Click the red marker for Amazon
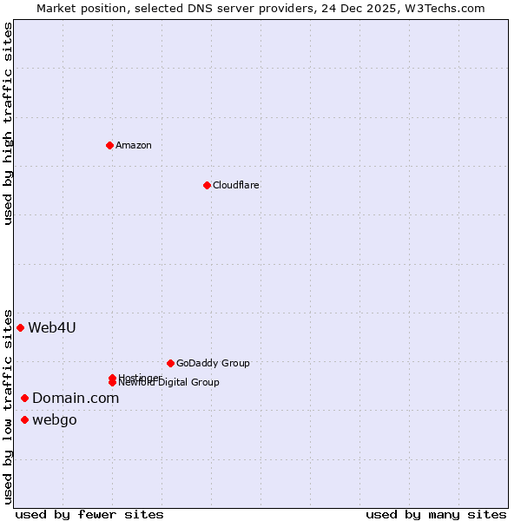pos(109,145)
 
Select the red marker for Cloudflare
pos(207,185)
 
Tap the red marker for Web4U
pos(20,327)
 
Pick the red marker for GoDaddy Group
pos(170,363)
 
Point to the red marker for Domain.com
pos(24,398)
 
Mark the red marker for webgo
pos(24,420)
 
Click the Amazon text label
pos(133,145)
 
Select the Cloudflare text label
pos(235,185)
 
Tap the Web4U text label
pos(52,327)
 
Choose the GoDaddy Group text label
pos(213,363)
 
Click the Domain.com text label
pos(76,398)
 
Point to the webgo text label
pos(55,420)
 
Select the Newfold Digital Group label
pos(169,383)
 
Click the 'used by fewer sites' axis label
pos(89,514)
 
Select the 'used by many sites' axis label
pos(436,514)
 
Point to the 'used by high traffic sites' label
pos(8,124)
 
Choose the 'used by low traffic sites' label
pos(8,406)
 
